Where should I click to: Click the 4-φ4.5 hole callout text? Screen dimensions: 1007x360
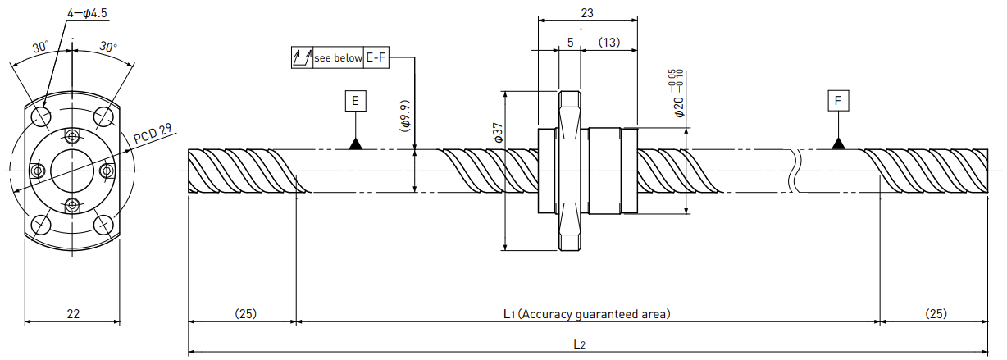tap(87, 13)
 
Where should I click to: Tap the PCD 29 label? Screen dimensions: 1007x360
tap(153, 134)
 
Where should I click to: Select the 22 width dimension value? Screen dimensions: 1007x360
tap(73, 314)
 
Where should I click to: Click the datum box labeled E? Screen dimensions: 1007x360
tap(356, 101)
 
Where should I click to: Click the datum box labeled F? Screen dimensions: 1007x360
tap(838, 101)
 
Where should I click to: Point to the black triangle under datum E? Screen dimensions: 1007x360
tap(356, 144)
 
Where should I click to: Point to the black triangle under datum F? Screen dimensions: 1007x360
tap(838, 144)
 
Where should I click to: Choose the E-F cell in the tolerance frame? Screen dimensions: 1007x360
tap(376, 57)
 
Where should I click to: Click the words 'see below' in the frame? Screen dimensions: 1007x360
tap(338, 58)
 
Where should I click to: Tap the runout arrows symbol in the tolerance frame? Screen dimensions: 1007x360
tap(302, 57)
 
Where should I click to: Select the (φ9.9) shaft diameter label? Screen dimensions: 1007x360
tap(405, 116)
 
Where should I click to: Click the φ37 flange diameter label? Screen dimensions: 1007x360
tap(498, 133)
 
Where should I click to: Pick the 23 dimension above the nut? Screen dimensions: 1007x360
tap(587, 13)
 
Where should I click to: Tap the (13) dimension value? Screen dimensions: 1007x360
tap(609, 43)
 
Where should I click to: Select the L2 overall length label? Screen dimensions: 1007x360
tap(580, 344)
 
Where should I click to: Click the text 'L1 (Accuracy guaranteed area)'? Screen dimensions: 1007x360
tap(587, 314)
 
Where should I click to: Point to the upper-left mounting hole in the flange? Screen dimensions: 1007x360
tap(41, 116)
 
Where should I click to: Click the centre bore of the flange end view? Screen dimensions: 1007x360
tap(72, 171)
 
